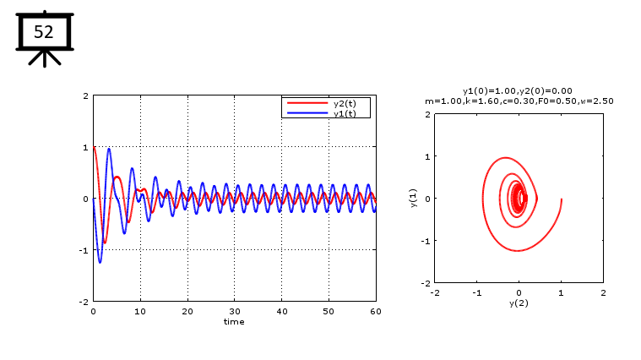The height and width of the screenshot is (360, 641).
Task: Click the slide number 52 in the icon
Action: click(x=43, y=32)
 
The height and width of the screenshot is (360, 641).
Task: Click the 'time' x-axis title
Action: click(x=234, y=321)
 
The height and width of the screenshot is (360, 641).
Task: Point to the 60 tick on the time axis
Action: click(x=376, y=311)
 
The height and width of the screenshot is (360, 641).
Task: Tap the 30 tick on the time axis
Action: click(x=235, y=311)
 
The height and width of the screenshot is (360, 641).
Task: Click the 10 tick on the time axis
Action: click(x=140, y=311)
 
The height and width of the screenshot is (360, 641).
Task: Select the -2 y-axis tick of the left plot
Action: click(x=85, y=302)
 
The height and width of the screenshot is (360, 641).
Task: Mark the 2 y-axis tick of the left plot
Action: click(x=85, y=95)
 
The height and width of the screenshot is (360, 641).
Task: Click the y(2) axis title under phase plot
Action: click(x=519, y=303)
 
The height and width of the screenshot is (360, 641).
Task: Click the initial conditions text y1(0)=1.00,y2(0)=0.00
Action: click(x=518, y=90)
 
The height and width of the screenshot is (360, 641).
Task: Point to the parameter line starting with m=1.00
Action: click(x=519, y=101)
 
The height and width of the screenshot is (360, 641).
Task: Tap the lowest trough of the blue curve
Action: click(x=100, y=262)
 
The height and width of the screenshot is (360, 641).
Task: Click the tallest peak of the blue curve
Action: click(x=109, y=149)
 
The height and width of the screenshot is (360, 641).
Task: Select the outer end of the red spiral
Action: click(x=561, y=199)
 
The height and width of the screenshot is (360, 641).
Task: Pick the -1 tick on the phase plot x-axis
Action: click(x=477, y=292)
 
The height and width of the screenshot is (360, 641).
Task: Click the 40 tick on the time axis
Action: click(x=282, y=311)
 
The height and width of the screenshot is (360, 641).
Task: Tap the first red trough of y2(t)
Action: click(x=105, y=243)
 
